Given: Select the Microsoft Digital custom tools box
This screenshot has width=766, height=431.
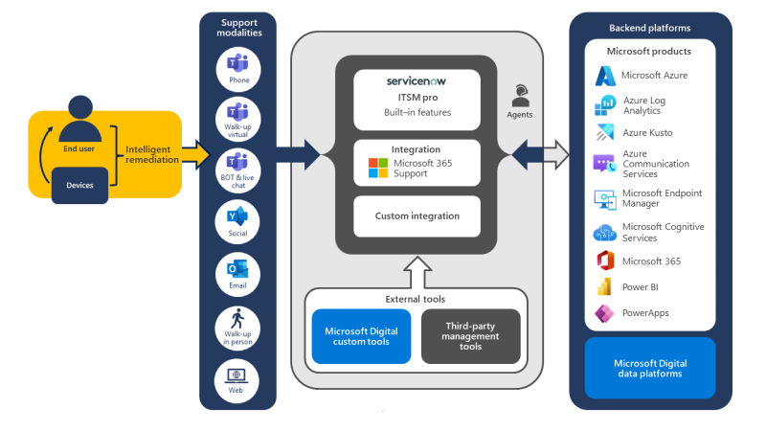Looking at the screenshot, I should [361, 336].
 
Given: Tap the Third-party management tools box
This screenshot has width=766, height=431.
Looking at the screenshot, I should [471, 336].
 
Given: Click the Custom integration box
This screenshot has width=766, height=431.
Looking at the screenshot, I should [417, 216].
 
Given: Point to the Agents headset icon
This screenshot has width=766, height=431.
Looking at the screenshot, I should [520, 95].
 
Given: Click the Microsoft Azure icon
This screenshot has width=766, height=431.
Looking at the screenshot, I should [605, 76].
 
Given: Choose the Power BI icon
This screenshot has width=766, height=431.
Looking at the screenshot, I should [604, 286].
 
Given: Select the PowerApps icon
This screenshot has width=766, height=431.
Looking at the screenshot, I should [604, 313].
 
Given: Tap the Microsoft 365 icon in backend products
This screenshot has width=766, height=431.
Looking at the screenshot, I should [604, 261].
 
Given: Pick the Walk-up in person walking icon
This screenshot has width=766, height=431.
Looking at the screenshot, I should [237, 319].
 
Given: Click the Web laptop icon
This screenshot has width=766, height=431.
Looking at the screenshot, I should [237, 374].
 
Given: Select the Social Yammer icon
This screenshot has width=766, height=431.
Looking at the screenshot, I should [237, 215].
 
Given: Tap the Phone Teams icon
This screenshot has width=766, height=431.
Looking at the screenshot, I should [237, 64].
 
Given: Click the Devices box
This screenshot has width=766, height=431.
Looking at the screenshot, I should [80, 185].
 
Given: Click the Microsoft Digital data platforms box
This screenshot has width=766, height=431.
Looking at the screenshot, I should [650, 368].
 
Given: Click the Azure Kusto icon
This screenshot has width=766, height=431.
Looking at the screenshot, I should [604, 131].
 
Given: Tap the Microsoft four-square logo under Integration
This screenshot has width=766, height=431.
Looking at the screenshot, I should [379, 170].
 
